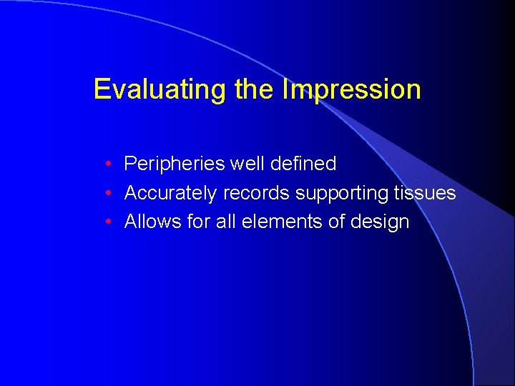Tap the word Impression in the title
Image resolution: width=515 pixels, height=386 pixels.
coord(351,90)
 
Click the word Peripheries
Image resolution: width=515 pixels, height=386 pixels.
coord(174,164)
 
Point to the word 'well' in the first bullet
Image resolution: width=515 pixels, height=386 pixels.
coord(245,164)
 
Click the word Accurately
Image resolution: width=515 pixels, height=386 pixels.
coord(170,193)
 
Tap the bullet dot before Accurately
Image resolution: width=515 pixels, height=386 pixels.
coord(106,194)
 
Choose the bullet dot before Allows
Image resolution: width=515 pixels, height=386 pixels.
coord(106,222)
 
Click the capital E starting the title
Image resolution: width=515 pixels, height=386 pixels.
coord(102,90)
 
